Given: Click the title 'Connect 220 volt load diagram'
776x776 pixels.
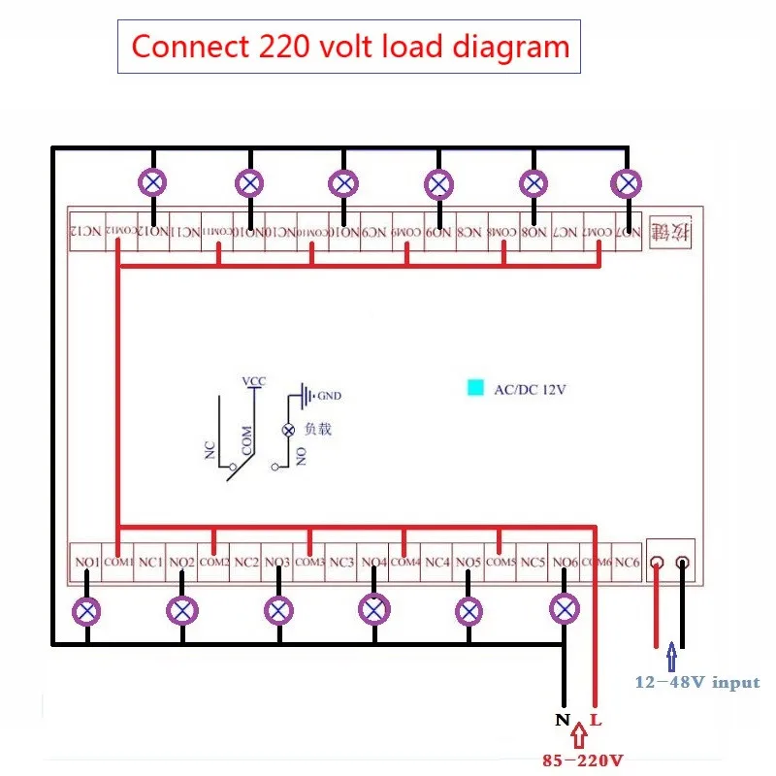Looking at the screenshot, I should [349, 46].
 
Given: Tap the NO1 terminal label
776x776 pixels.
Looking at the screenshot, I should [87, 562].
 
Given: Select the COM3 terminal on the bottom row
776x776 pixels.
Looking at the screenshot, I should [309, 562].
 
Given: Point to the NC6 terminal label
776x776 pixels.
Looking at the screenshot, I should [628, 562].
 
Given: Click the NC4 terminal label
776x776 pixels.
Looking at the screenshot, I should [436, 562].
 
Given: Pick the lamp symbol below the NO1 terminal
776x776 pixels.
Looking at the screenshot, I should [87, 611].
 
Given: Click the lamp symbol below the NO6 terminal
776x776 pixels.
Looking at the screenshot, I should [564, 608].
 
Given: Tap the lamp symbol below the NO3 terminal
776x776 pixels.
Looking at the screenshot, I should [278, 611].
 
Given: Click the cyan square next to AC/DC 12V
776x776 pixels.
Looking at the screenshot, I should [475, 387].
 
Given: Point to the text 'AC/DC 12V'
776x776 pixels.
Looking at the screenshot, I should [530, 390].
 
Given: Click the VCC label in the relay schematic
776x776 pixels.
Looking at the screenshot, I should [253, 381].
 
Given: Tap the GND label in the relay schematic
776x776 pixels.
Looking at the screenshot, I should [330, 396].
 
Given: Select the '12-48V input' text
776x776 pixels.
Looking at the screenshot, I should [696, 682].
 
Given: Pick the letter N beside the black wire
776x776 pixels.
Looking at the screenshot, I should [561, 720].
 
